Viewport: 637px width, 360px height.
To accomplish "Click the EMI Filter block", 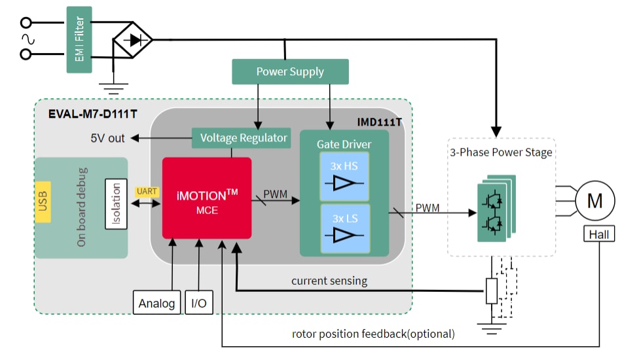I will tap(79, 39).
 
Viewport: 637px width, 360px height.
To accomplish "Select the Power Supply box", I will tap(289, 71).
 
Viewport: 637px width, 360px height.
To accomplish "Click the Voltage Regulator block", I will tap(244, 138).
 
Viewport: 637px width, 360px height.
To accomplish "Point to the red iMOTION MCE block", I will tap(207, 198).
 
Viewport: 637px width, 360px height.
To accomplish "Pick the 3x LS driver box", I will tap(344, 227).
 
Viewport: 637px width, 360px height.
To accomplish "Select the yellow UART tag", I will tap(146, 191).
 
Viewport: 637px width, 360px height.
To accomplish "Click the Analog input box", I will tap(156, 303).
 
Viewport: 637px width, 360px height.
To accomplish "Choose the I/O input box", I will tap(198, 303).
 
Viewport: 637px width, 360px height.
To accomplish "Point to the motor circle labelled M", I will tap(594, 200).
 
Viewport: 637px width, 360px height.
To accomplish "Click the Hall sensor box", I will tap(598, 233).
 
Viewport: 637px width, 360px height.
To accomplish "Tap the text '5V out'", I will tap(107, 138).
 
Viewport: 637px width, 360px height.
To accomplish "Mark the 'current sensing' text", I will tap(329, 281).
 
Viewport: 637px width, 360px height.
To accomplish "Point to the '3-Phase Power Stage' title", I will tap(501, 153).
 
